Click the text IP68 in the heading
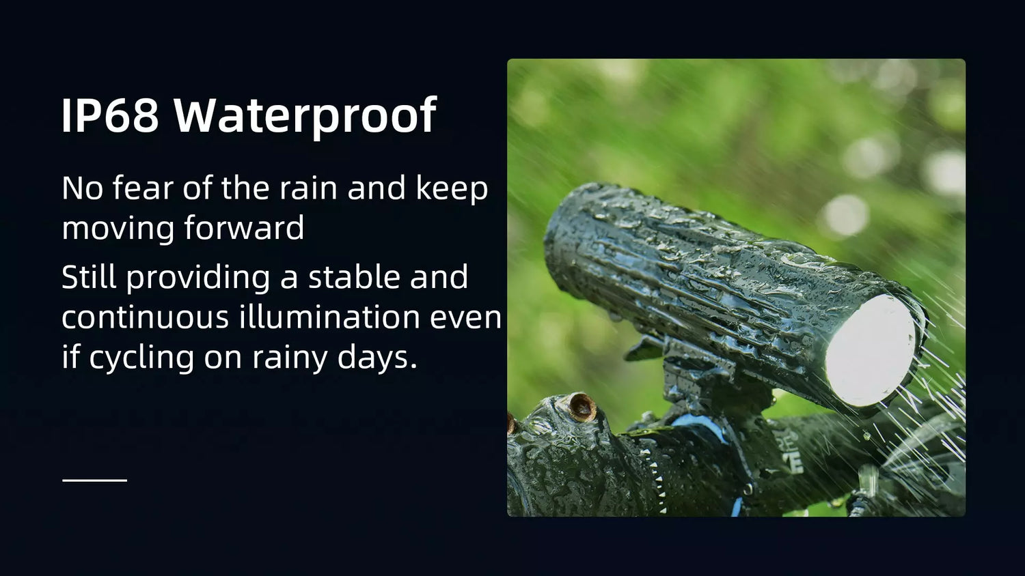[110, 115]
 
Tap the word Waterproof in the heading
[305, 117]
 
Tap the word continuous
[145, 317]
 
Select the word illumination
[329, 316]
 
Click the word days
[377, 356]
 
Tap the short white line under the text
[95, 480]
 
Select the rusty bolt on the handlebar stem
[582, 407]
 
